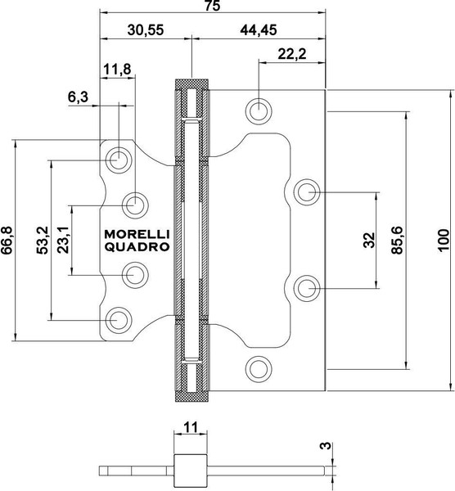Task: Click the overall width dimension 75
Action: tap(212, 7)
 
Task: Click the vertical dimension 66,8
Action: tap(8, 241)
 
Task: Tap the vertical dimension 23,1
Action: tap(64, 240)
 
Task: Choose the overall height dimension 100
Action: tap(444, 240)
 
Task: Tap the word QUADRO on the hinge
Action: tap(136, 246)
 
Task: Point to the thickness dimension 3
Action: tap(325, 447)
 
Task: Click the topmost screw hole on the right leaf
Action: tap(259, 110)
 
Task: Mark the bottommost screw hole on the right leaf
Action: tap(259, 367)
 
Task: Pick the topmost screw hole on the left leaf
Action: tap(119, 159)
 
